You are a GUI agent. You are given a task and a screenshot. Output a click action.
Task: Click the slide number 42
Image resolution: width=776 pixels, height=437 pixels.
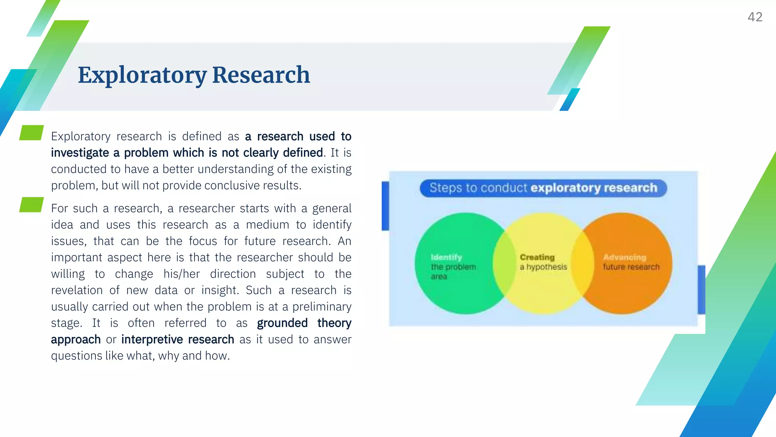(754, 17)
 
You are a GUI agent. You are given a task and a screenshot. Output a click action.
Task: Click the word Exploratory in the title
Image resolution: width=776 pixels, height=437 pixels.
(142, 75)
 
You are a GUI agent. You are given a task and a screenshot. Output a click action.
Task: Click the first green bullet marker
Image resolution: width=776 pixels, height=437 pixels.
(31, 133)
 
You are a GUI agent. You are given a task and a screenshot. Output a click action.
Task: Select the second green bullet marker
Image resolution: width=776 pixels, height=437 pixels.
(31, 205)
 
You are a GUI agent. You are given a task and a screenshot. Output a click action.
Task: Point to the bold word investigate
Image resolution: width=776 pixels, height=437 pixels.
(80, 153)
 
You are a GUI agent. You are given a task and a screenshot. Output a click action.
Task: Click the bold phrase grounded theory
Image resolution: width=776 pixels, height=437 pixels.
(304, 323)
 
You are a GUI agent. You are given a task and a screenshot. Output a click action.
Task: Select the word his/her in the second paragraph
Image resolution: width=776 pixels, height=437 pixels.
(181, 274)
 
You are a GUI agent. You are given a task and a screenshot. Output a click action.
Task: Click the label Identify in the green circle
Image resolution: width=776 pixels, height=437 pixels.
(446, 257)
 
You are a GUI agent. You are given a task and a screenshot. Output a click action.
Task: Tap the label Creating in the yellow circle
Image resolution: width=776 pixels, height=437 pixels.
(537, 257)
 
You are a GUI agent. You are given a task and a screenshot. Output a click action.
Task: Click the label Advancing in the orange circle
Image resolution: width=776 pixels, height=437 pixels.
(624, 257)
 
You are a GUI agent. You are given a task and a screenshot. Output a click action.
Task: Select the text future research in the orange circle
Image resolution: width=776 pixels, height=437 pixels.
(631, 267)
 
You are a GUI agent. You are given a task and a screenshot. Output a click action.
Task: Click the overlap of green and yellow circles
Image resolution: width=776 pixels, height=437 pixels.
(504, 263)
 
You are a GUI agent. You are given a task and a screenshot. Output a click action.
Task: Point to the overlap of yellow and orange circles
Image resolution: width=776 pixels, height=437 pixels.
(582, 263)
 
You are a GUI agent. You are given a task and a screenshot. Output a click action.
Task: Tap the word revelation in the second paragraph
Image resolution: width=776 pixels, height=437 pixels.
(77, 291)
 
